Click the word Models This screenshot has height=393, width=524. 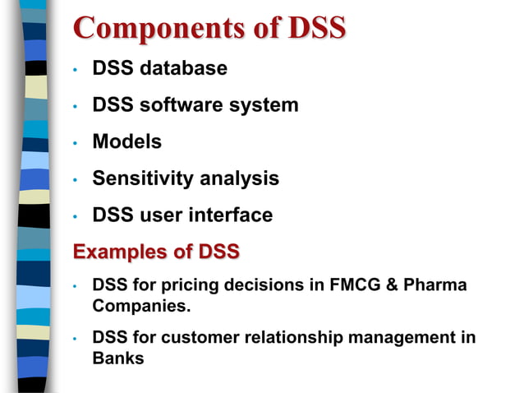click(x=126, y=141)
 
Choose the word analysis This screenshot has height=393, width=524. click(x=240, y=178)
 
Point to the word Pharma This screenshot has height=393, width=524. click(x=437, y=285)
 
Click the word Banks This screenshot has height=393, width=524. click(x=118, y=358)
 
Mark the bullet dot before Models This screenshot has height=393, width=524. click(x=75, y=143)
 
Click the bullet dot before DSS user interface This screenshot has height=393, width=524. click(x=75, y=217)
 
